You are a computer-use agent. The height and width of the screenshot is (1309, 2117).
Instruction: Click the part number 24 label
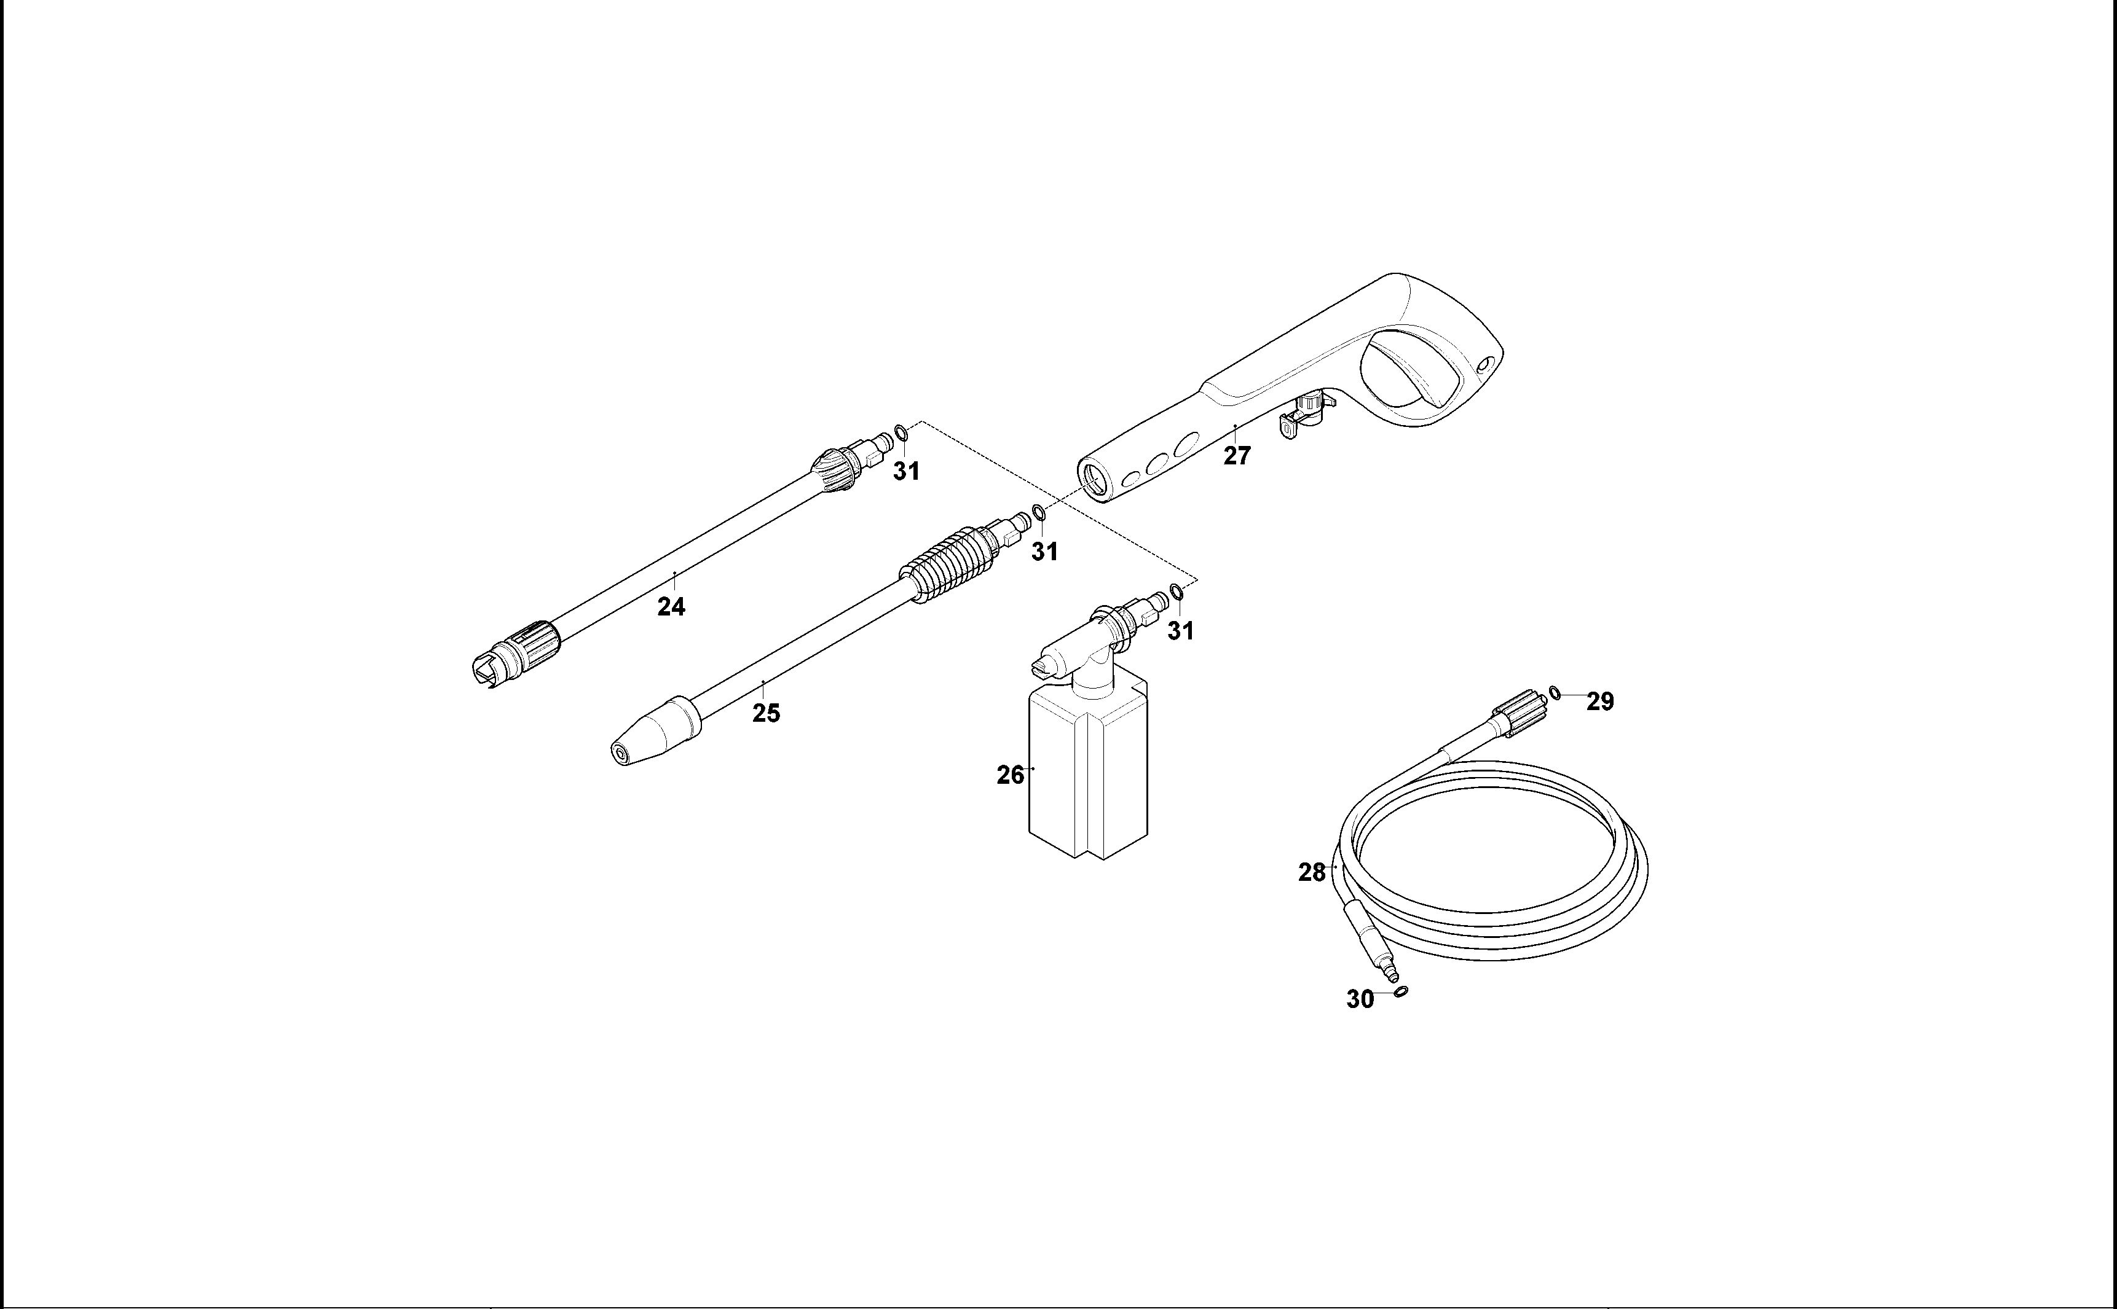(671, 607)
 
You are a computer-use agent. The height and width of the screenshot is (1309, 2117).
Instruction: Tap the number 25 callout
(766, 713)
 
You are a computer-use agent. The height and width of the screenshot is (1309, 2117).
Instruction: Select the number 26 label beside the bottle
(1010, 776)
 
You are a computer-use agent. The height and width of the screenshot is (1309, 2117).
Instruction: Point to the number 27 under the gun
(1237, 456)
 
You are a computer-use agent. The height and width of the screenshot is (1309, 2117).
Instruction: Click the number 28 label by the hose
(1312, 873)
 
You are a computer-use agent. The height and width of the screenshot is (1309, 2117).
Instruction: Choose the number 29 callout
(1600, 702)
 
